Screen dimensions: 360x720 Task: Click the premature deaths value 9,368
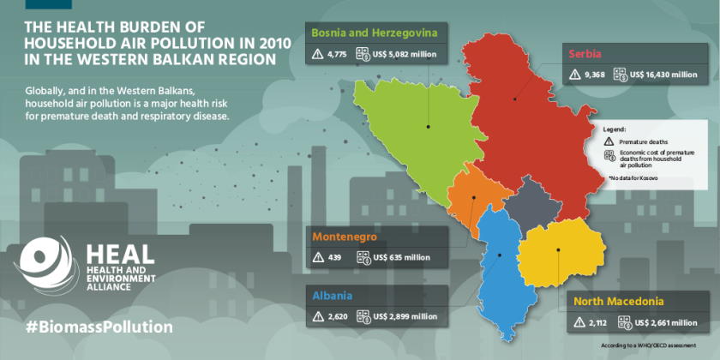(x=595, y=75)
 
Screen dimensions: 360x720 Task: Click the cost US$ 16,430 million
(x=663, y=75)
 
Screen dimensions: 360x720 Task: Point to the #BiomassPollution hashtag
(x=99, y=327)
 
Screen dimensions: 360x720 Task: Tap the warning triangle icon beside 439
(x=317, y=256)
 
